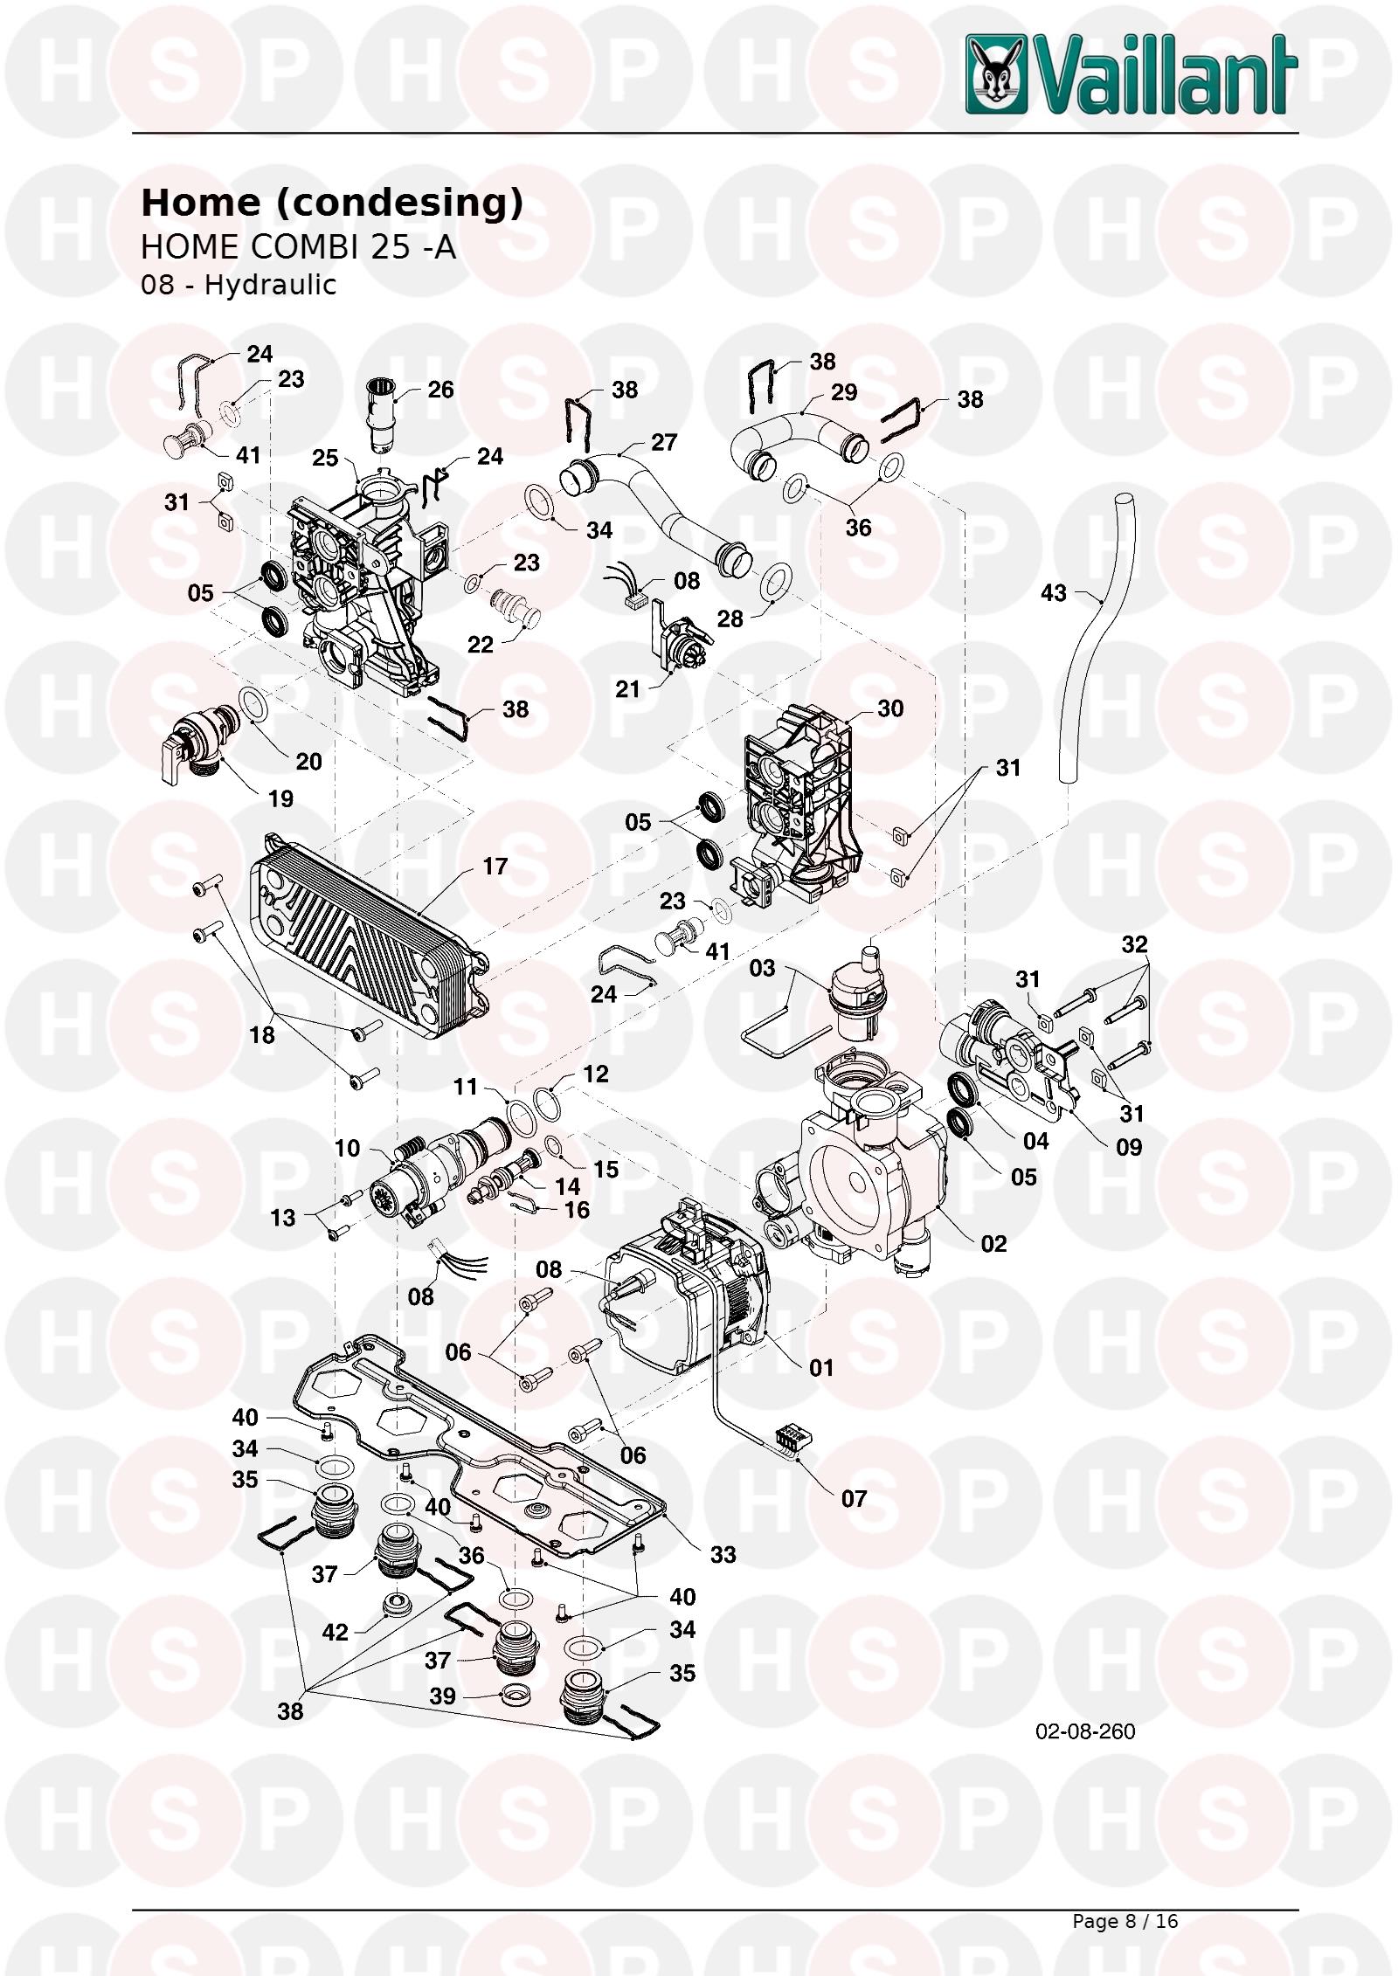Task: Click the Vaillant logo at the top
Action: [1131, 74]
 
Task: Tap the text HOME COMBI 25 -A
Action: [298, 247]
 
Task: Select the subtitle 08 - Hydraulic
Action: [239, 285]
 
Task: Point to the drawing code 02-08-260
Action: [1084, 1731]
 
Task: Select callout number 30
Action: [889, 708]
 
